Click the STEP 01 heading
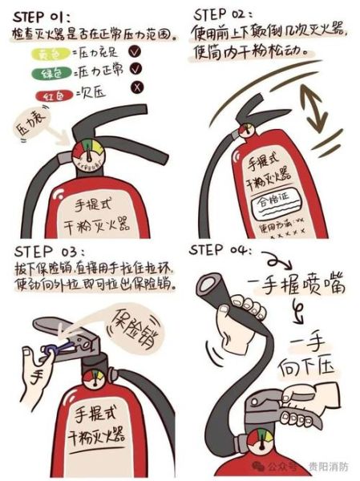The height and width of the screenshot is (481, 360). (43, 14)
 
